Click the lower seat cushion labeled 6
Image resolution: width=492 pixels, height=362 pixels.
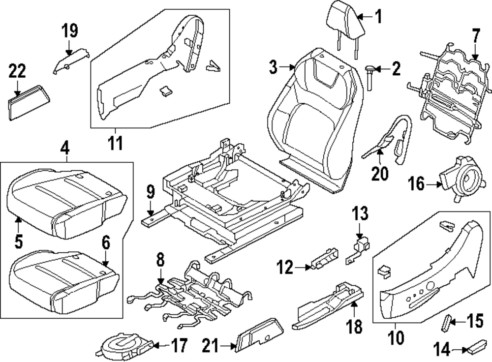tap(64, 280)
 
